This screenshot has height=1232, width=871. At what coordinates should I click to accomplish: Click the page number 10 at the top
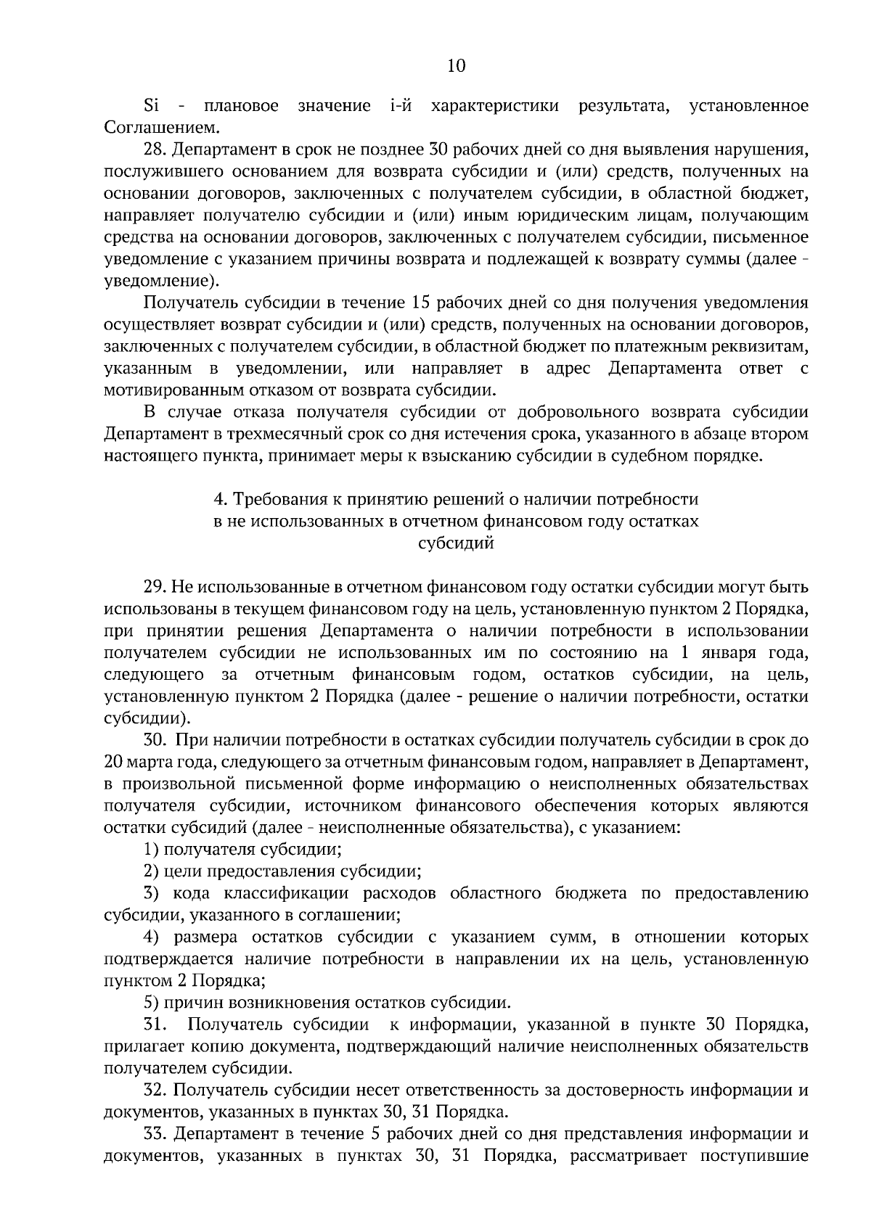tap(456, 66)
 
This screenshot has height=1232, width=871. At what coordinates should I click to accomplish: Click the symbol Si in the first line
tap(152, 107)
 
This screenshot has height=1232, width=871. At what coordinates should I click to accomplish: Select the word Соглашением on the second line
tap(151, 128)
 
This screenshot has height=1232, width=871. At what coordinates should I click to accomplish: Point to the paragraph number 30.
tap(155, 740)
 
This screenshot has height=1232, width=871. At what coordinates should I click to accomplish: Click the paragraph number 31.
tap(155, 1025)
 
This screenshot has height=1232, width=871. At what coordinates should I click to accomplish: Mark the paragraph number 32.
tap(155, 1091)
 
